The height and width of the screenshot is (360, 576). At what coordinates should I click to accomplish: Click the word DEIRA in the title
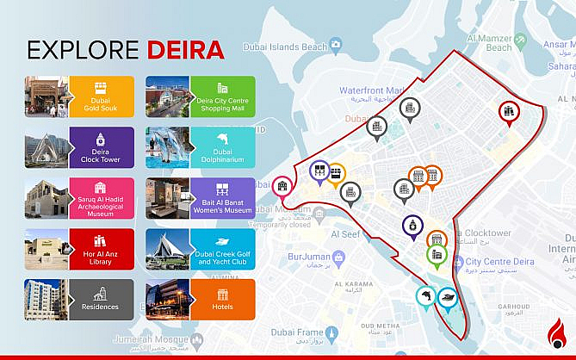coord(185,49)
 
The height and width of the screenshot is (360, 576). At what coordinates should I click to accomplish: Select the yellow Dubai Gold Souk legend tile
coord(101,96)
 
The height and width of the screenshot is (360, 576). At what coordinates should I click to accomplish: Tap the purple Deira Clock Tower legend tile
coord(101,146)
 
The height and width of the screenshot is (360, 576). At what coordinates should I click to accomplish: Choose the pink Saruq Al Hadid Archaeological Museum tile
coord(101,197)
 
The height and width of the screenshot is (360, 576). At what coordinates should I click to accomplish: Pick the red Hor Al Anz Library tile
coord(101,248)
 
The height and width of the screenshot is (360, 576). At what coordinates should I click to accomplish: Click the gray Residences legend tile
coord(101,299)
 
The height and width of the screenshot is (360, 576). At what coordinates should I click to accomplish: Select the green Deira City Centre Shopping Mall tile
coord(223,96)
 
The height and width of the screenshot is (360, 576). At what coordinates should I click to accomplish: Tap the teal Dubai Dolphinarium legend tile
coord(223,146)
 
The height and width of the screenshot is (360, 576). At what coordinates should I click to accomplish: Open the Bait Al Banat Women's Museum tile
coord(223,197)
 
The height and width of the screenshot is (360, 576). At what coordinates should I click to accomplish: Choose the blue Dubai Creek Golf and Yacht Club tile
coord(223,248)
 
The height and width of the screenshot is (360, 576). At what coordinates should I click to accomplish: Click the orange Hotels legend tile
coord(223,299)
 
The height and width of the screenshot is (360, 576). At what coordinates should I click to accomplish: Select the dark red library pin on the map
coord(509,111)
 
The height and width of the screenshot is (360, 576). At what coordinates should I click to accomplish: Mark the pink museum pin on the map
coord(282,185)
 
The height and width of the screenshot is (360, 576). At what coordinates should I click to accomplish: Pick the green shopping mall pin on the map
coord(436,254)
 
